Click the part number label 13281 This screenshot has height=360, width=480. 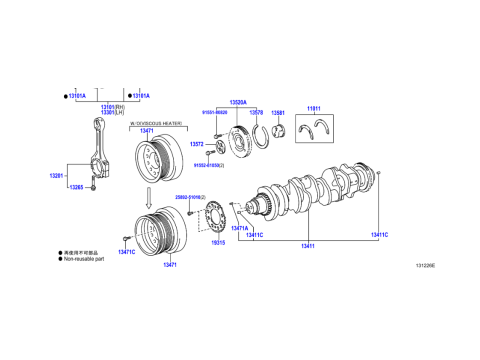coord(56,176)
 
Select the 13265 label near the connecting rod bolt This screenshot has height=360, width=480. coord(75,187)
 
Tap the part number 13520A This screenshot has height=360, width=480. coord(237,102)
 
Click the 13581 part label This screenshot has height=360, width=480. coord(278,113)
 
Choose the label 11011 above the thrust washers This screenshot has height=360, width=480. coord(313,108)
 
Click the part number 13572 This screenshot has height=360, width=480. coord(196,144)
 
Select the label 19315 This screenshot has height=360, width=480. coord(218,242)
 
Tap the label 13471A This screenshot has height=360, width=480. coord(239,229)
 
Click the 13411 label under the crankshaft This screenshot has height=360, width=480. coord(307,245)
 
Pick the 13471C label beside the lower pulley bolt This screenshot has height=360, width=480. coord(126,252)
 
